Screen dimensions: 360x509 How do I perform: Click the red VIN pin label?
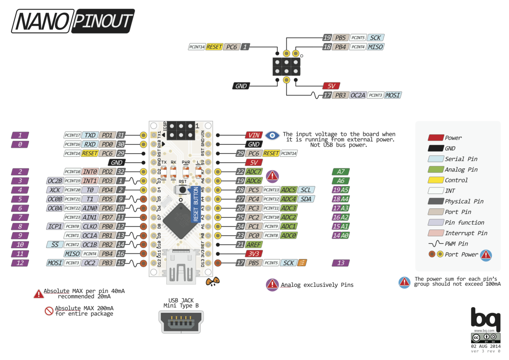tap(254, 135)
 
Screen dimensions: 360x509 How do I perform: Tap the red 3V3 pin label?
tap(254, 253)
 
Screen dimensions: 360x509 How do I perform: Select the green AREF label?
tap(254, 244)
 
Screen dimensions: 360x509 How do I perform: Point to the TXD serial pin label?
tap(90, 135)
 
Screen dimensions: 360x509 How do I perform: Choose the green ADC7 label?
tap(254, 172)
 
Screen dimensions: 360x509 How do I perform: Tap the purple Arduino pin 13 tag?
tap(341, 263)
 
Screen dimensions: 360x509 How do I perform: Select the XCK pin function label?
tap(54, 190)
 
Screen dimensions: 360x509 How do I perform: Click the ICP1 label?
tap(54, 226)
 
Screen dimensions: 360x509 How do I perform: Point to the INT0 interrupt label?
tap(89, 172)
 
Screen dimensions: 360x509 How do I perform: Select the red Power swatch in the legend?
tap(435, 138)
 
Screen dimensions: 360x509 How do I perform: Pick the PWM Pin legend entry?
tap(455, 243)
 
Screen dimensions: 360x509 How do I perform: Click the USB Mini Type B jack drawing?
tap(181, 321)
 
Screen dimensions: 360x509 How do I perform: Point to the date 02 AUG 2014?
tap(486, 346)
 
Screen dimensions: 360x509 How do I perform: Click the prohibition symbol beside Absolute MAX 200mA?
tap(49, 311)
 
